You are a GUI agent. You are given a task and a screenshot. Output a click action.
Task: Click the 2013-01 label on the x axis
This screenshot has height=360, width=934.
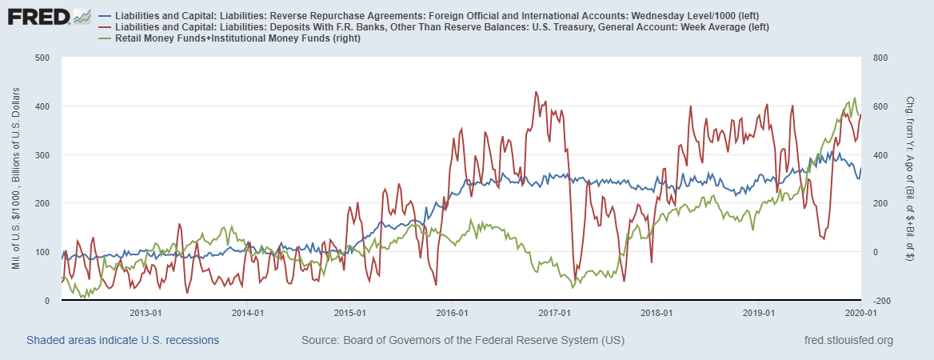point(146,313)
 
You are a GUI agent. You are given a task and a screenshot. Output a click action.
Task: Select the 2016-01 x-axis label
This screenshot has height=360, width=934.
point(453,313)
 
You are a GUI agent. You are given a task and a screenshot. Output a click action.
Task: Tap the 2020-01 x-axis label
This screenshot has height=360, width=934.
point(860,313)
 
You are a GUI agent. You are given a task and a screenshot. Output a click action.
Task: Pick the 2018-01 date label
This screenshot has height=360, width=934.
point(657,313)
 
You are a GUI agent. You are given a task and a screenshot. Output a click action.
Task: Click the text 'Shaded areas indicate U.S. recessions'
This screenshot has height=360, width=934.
point(122,341)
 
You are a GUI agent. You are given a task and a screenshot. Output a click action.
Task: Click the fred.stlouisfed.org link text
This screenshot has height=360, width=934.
point(848,341)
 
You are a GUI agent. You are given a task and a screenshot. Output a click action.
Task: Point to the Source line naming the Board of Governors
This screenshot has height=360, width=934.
point(462,341)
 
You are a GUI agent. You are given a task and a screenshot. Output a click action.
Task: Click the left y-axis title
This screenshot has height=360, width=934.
point(18,179)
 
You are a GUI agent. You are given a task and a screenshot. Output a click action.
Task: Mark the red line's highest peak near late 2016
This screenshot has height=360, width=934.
point(536,92)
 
